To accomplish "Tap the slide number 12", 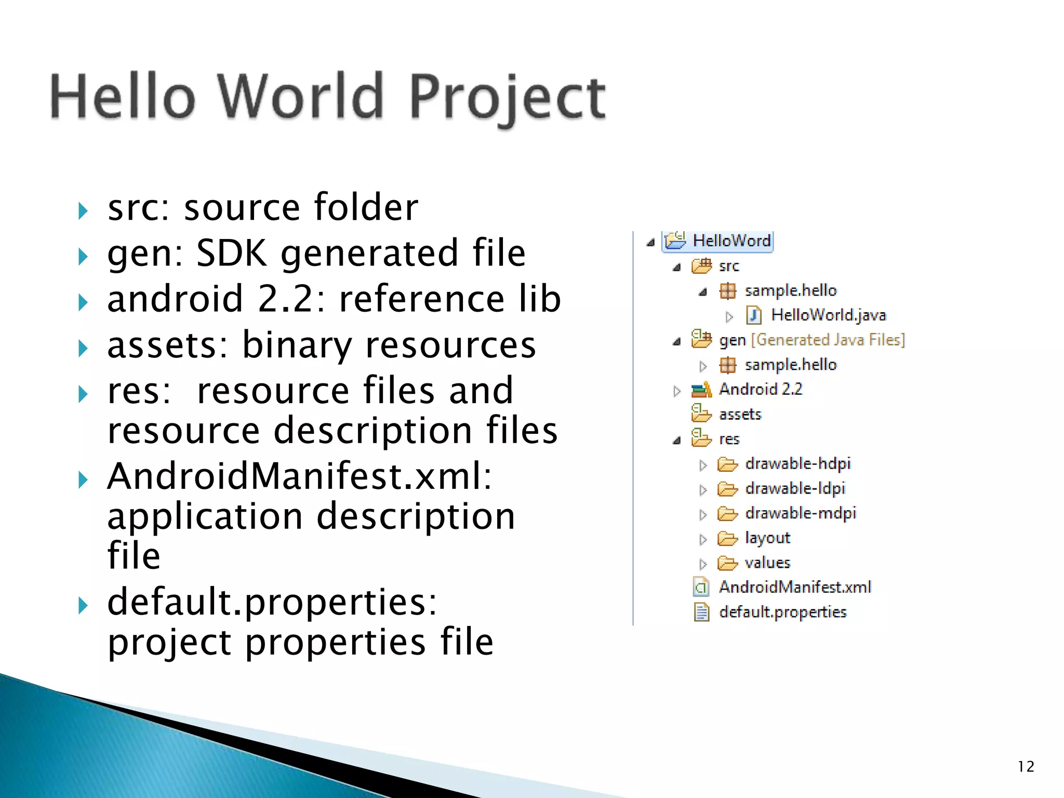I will [x=1026, y=767].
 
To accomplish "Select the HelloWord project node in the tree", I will [x=731, y=241].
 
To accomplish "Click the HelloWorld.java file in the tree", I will [x=828, y=315].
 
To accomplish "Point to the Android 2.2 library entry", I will [x=760, y=389].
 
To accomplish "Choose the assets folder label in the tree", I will [x=740, y=414].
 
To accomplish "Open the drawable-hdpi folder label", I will [x=797, y=463].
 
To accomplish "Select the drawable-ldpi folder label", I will [x=795, y=488].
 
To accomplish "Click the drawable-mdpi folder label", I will [x=800, y=513].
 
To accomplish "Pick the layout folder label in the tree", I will [x=767, y=538].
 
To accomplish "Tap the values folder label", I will [x=767, y=563].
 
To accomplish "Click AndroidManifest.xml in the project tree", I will [x=795, y=587].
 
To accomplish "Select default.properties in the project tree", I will [x=782, y=612].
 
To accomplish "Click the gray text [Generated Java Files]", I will [x=828, y=340].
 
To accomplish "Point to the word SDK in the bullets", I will [x=231, y=253].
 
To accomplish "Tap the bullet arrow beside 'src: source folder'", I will [x=83, y=211].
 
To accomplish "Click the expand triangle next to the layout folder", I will [x=703, y=539].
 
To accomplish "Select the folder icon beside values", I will [x=727, y=563].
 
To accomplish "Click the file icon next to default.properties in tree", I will [x=701, y=613].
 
